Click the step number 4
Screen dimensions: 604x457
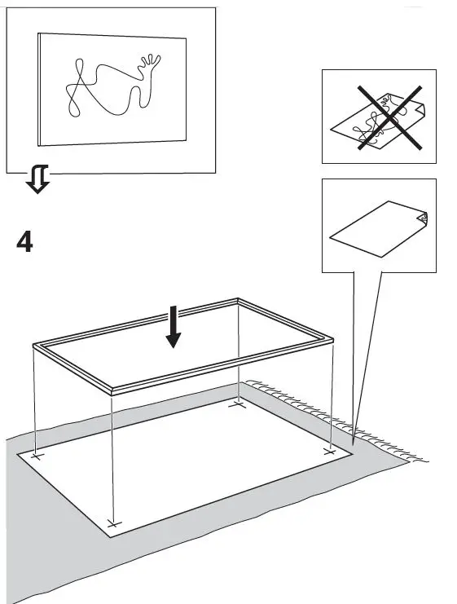(25, 242)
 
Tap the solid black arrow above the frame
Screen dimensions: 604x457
(172, 326)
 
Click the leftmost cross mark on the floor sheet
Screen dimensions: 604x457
(36, 456)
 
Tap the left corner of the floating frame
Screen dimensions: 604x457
(34, 346)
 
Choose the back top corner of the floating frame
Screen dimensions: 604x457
(237, 301)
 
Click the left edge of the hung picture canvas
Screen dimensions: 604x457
(39, 90)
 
